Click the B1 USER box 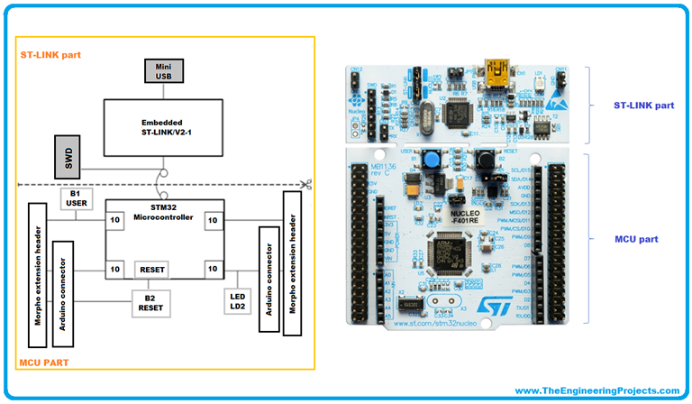[x=75, y=198]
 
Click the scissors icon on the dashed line [x=307, y=185]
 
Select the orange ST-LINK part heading [x=50, y=55]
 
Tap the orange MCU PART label [x=48, y=362]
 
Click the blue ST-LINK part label [x=643, y=105]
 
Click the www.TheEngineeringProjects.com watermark [x=597, y=390]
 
